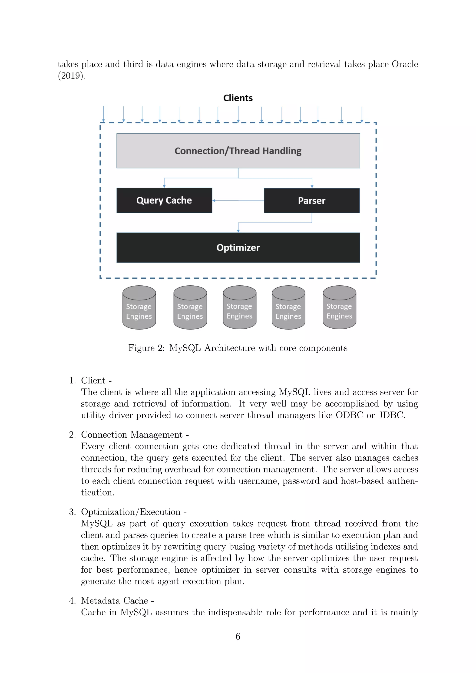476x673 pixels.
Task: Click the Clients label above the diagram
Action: [x=238, y=98]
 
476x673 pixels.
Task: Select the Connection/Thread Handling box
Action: [x=238, y=151]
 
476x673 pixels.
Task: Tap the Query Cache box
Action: [x=164, y=200]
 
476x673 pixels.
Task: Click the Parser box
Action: [x=312, y=201]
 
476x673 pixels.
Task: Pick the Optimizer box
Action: [x=238, y=247]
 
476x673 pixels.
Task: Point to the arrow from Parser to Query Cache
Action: [x=238, y=201]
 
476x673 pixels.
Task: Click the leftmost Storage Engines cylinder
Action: [x=139, y=308]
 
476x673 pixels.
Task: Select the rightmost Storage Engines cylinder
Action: [x=339, y=308]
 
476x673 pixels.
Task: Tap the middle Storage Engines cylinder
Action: [x=239, y=308]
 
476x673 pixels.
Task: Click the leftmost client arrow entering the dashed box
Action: [x=103, y=114]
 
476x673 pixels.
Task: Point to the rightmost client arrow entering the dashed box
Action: [x=362, y=114]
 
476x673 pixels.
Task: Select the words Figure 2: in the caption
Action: [x=147, y=348]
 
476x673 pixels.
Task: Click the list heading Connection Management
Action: [x=132, y=434]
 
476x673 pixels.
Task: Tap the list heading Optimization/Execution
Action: [x=131, y=512]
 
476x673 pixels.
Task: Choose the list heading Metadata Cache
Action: [x=115, y=600]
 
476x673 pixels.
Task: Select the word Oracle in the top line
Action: [x=405, y=64]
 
